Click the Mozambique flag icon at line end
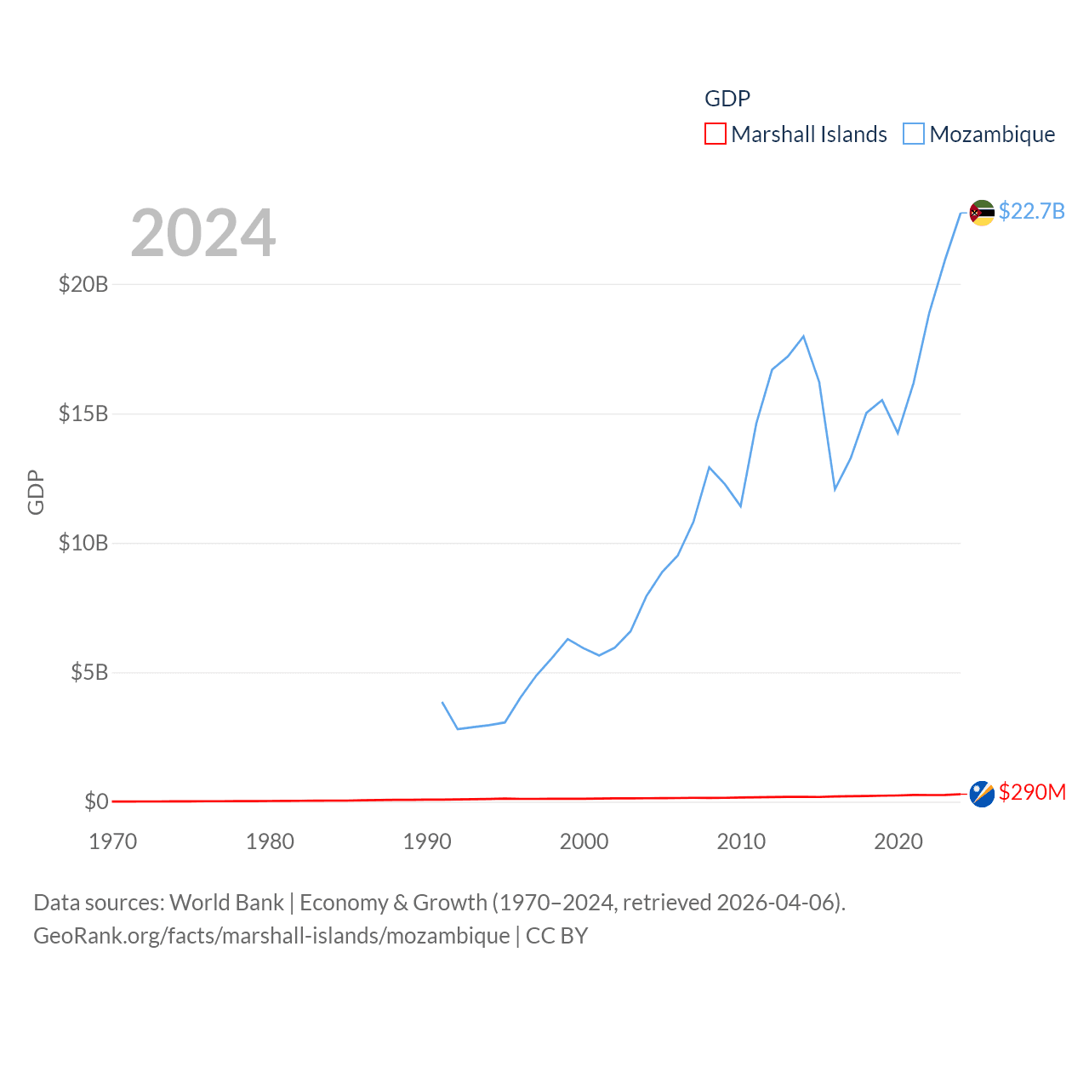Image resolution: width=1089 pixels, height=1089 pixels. tap(982, 213)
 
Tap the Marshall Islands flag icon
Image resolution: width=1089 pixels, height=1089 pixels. tap(982, 794)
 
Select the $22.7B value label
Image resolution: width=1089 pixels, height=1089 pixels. tap(1031, 211)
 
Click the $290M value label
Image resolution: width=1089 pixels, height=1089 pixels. tap(1032, 792)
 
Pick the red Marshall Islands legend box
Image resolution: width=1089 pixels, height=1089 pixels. tap(716, 134)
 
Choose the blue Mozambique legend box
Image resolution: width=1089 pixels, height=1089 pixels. tap(914, 134)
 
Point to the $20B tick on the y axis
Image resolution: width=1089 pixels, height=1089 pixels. tap(83, 284)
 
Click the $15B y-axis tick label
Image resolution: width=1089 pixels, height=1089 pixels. tap(83, 413)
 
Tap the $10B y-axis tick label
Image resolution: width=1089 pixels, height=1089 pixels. tap(83, 543)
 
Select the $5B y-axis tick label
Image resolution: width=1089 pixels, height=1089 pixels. tap(89, 672)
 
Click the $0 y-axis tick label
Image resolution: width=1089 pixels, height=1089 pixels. tap(96, 801)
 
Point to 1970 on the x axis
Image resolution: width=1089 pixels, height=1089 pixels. tap(113, 841)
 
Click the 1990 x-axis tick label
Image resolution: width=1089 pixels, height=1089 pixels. tap(427, 841)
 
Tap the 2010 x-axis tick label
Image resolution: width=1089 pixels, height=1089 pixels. tap(741, 841)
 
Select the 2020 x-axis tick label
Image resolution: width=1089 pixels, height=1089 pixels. tap(898, 841)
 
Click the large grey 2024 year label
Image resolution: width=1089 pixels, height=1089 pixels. tap(203, 233)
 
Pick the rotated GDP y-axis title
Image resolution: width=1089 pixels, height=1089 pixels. tap(36, 492)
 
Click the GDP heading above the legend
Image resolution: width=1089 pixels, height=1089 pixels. tap(727, 99)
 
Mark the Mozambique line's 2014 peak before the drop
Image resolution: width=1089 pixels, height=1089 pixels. tap(803, 336)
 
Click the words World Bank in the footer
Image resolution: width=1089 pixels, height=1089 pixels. tap(226, 902)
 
